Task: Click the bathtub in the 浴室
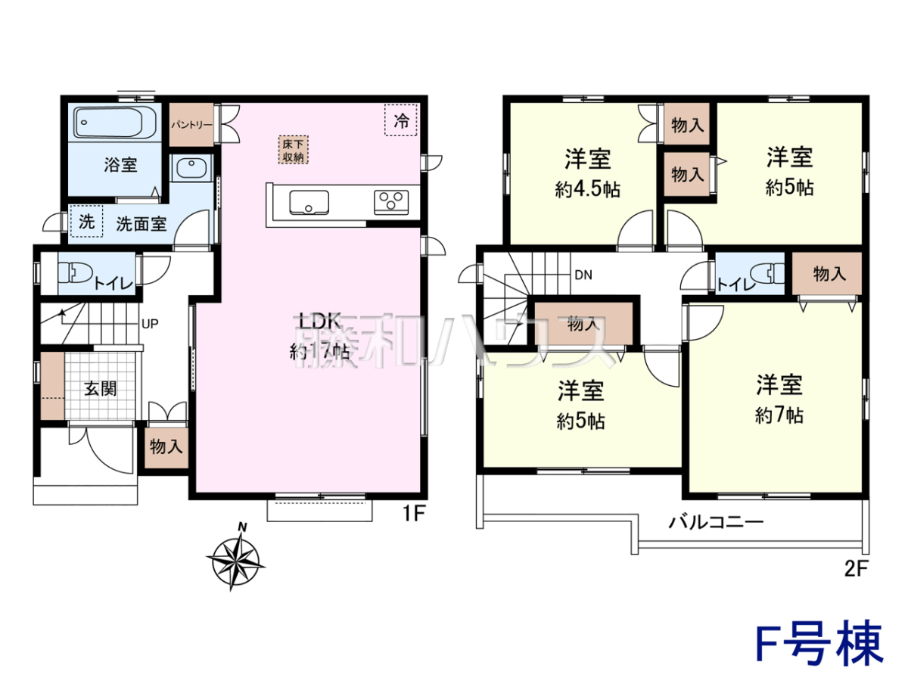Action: [115, 123]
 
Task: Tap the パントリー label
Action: [191, 124]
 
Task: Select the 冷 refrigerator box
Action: [401, 120]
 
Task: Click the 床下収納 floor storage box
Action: [293, 150]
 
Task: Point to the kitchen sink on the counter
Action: [309, 203]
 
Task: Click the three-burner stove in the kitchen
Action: [391, 202]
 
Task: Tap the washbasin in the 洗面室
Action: [191, 168]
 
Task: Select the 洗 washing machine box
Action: [86, 222]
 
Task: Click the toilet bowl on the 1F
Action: [75, 273]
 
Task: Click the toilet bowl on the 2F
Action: [768, 273]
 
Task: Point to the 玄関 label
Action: [101, 388]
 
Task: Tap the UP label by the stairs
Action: [150, 324]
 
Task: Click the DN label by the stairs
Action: [583, 275]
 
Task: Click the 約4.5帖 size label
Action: [587, 189]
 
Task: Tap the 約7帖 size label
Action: [779, 415]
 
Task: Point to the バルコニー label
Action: [716, 523]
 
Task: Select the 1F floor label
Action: [414, 514]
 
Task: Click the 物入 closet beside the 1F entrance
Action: [166, 447]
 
